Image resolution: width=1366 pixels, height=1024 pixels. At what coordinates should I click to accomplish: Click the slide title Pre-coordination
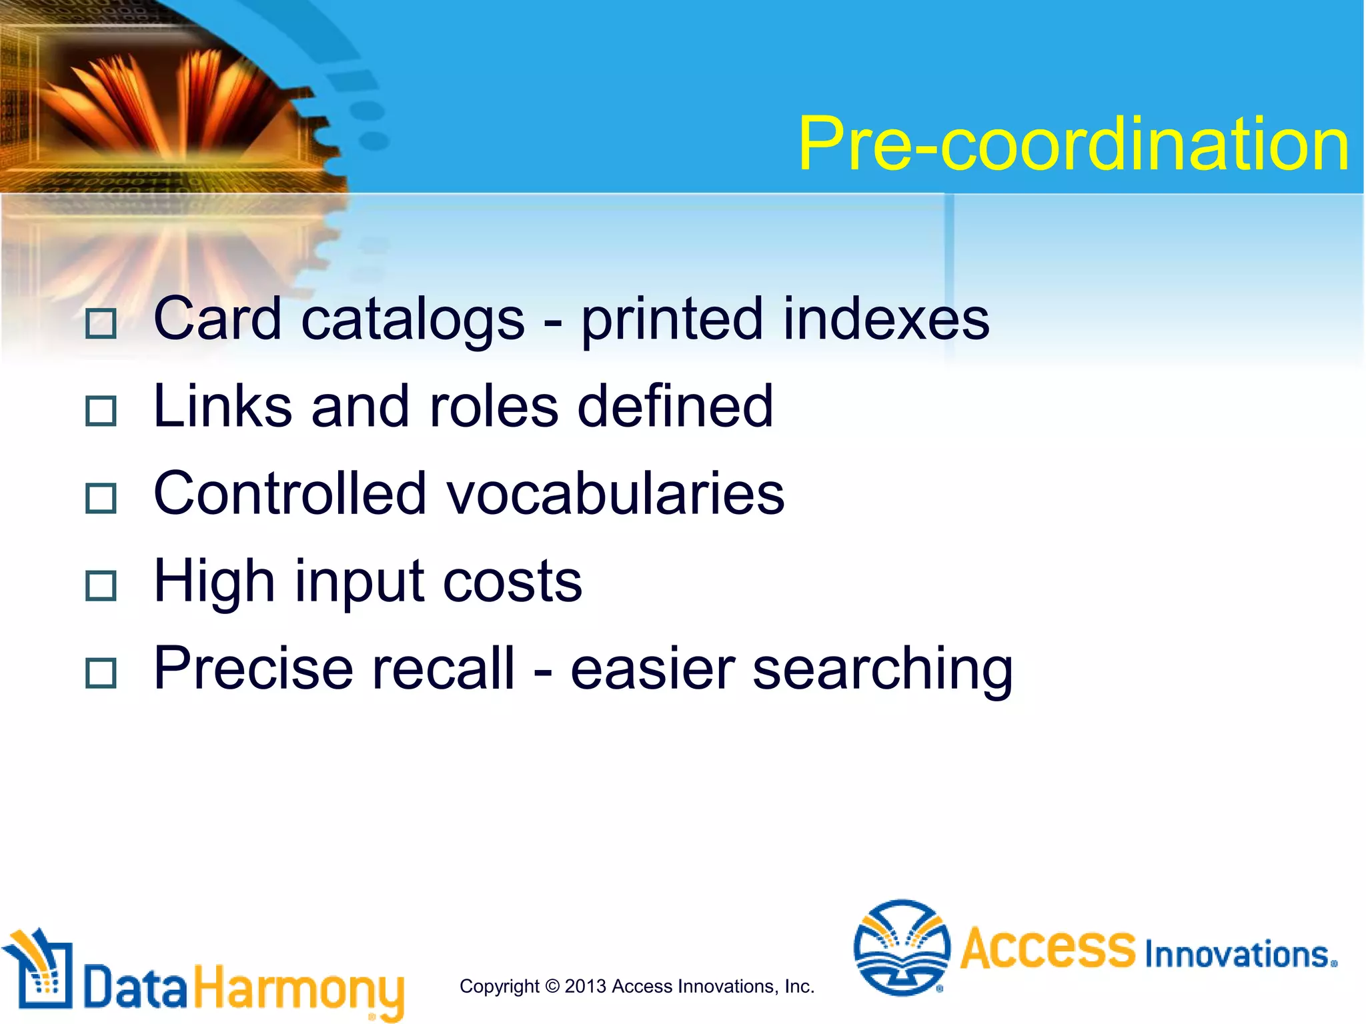(x=1073, y=144)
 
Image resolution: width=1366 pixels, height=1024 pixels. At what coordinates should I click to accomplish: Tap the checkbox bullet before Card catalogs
(x=101, y=323)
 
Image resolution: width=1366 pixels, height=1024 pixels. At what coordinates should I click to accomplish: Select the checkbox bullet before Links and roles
(x=101, y=411)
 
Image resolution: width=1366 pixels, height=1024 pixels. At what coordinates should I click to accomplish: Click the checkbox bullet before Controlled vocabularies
(x=101, y=498)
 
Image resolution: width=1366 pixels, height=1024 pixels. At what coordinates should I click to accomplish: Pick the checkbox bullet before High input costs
(x=101, y=585)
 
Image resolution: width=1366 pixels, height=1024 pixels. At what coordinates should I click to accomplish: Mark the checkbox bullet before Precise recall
(x=101, y=673)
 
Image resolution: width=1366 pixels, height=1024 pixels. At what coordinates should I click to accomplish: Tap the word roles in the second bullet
(x=494, y=407)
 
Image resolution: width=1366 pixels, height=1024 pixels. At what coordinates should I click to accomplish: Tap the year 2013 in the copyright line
(x=585, y=987)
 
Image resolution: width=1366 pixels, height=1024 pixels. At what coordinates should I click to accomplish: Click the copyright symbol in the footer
(x=552, y=987)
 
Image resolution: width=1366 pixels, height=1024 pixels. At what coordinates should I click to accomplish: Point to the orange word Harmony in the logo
(x=299, y=990)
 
